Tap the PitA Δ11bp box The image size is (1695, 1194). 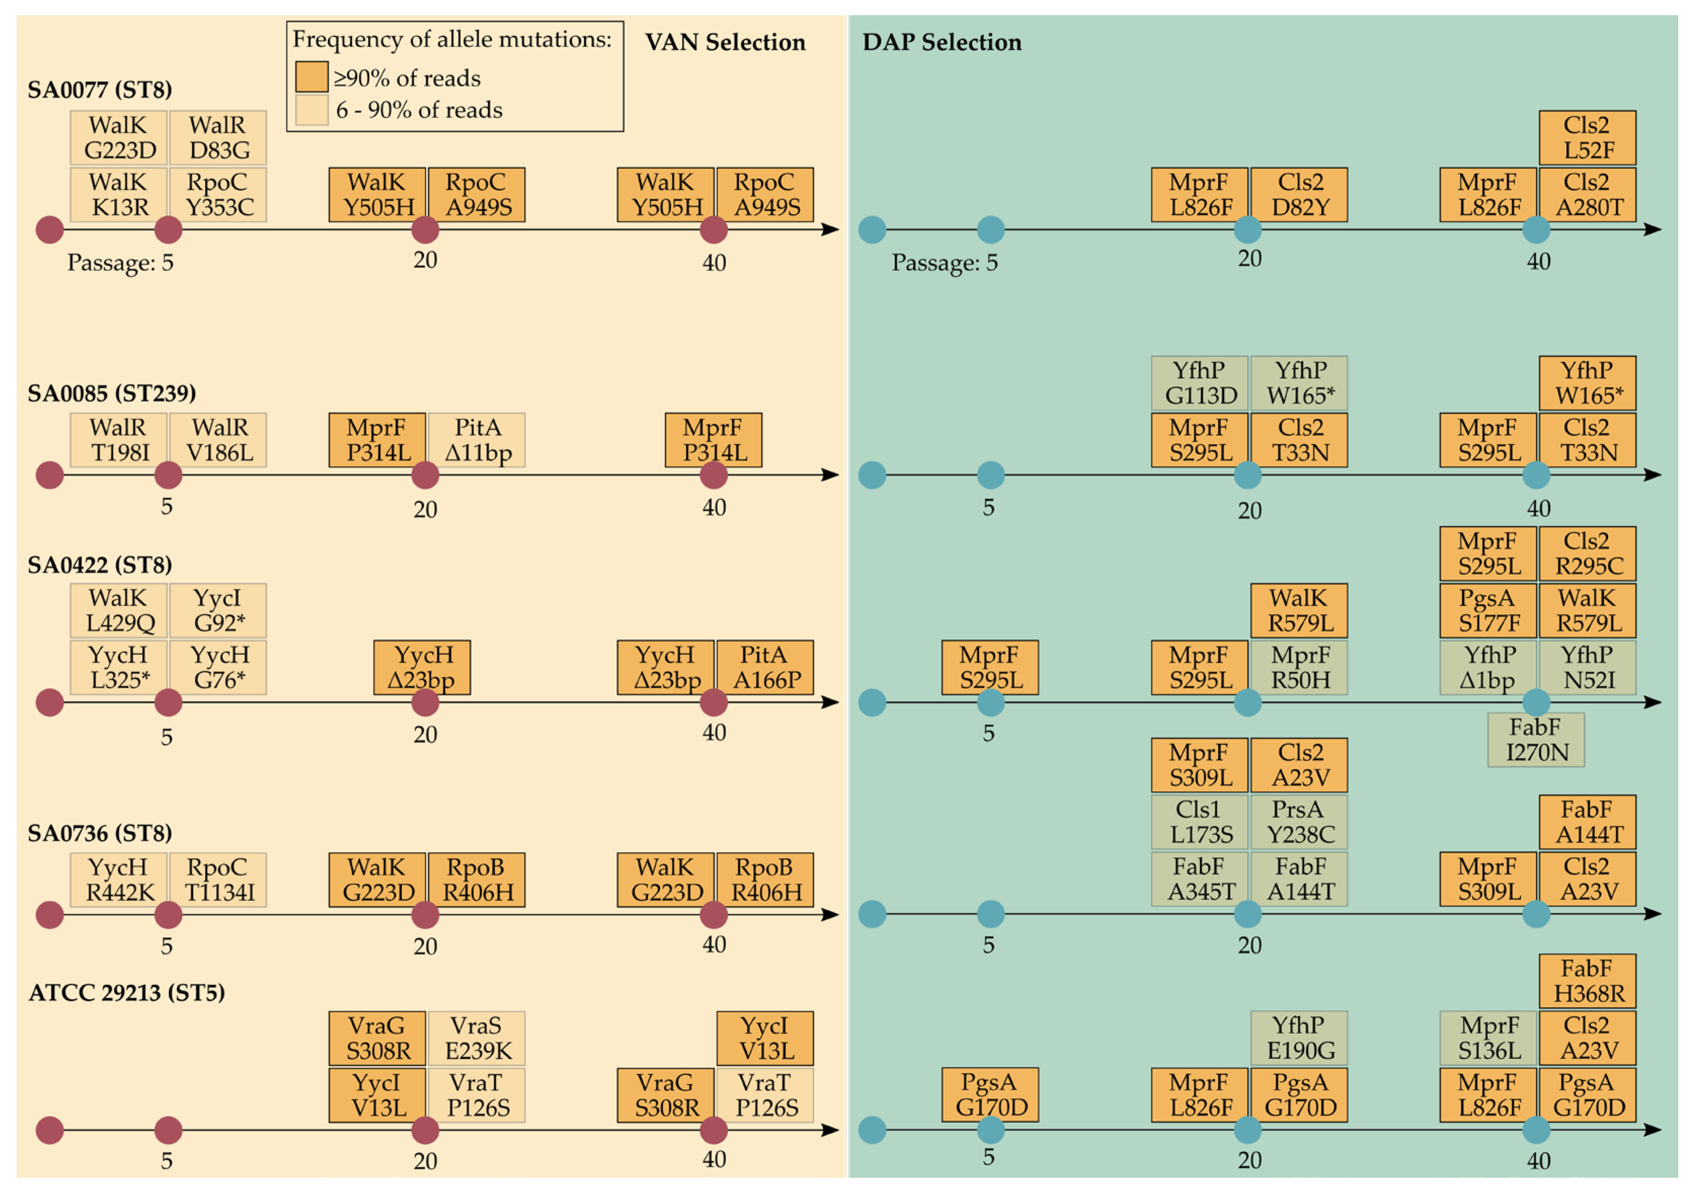coord(477,440)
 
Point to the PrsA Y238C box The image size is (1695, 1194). coord(1299,822)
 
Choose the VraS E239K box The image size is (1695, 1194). coord(477,1038)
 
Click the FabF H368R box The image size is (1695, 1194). coord(1587,981)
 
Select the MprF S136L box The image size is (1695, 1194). coord(1487,1038)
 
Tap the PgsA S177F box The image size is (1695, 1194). coord(1487,610)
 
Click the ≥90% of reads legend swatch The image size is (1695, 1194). coord(311,77)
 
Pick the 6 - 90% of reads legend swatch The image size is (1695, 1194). coord(311,110)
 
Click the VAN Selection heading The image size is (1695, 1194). coord(725,42)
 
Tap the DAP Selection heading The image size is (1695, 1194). coord(942,42)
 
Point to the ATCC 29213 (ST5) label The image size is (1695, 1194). coord(126,992)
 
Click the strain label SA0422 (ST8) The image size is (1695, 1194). coord(100,565)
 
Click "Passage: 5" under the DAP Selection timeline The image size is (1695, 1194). coord(944,263)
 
